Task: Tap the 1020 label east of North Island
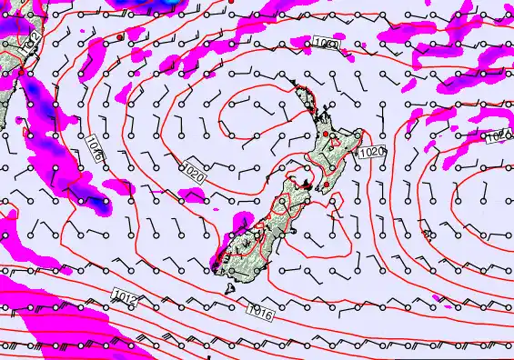click(370, 153)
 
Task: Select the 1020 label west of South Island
click(192, 169)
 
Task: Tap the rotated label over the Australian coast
click(34, 41)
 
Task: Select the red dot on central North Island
click(327, 135)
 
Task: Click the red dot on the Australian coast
click(21, 72)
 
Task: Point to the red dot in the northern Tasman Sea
click(120, 37)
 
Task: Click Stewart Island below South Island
click(231, 289)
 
